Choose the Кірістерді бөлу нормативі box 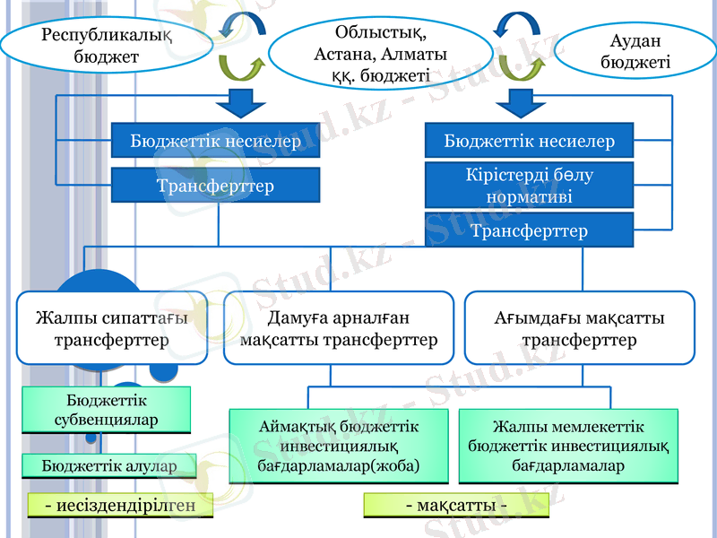(x=529, y=186)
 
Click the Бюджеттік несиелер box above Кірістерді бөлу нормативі (x=529, y=141)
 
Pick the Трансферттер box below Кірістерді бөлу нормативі (x=529, y=231)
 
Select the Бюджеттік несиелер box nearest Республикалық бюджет (x=215, y=141)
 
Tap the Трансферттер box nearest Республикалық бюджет (x=215, y=187)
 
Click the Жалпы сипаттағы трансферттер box (x=112, y=328)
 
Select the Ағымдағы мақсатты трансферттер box (x=579, y=328)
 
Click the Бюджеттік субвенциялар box (x=107, y=410)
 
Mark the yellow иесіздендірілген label (x=120, y=506)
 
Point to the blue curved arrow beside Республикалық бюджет (x=239, y=23)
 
